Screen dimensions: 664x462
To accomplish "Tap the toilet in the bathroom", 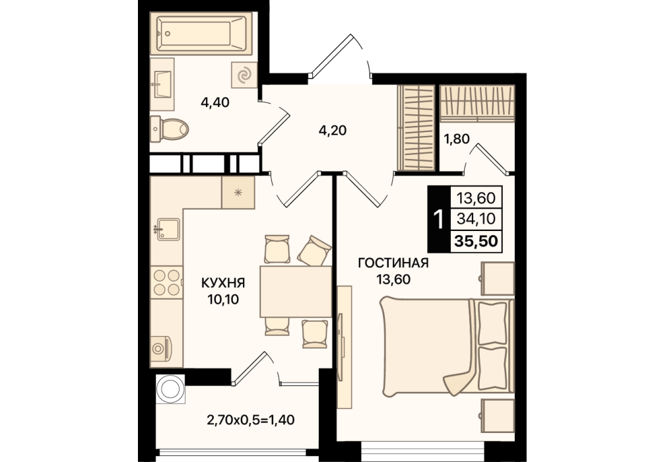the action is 169,129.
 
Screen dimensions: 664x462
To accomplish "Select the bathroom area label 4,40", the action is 215,102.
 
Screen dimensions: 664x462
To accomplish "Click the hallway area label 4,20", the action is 333,131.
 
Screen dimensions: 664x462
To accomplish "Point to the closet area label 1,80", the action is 457,139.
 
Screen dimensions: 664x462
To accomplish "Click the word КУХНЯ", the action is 222,282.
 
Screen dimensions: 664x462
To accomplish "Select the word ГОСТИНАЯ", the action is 393,263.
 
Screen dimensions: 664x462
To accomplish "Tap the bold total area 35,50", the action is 476,241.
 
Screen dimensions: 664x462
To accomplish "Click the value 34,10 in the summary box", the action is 477,219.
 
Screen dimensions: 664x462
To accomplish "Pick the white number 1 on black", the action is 439,219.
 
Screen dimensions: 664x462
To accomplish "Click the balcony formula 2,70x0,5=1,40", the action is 251,420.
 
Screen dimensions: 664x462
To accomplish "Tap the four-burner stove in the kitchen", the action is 167,282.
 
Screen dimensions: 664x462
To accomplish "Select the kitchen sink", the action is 168,229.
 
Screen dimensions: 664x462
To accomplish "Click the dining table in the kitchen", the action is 296,291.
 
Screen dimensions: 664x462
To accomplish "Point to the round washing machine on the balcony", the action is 170,389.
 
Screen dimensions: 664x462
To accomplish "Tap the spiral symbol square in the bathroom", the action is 244,75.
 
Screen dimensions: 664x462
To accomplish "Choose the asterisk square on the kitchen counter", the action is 238,193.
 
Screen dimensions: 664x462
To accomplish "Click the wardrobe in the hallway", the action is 416,128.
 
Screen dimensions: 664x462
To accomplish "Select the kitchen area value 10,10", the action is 223,300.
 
